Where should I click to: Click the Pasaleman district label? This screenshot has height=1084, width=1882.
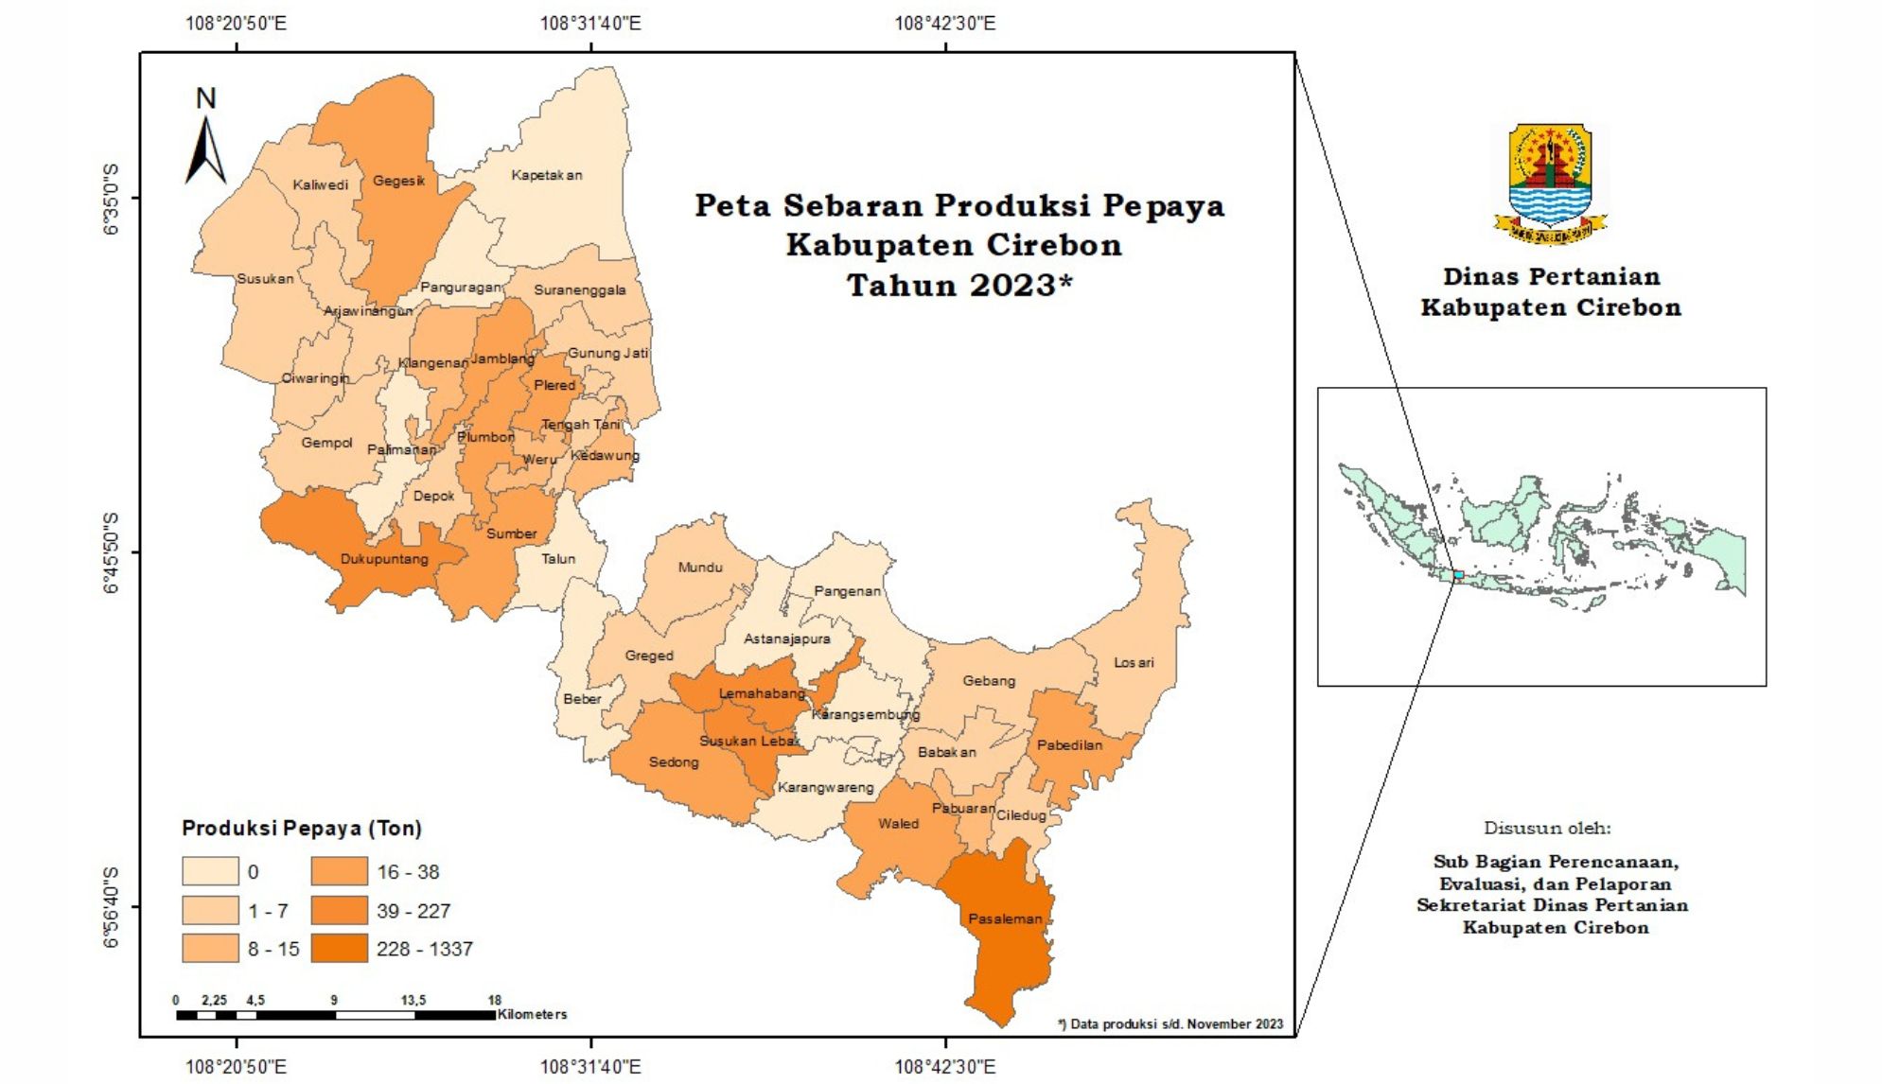[x=1004, y=918]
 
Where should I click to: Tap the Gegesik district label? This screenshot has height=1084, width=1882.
[x=398, y=181]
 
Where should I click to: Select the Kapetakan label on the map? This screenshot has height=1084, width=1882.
[x=547, y=175]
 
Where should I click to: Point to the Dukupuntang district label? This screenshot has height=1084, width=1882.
[x=384, y=559]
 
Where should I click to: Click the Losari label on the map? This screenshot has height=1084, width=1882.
[x=1134, y=662]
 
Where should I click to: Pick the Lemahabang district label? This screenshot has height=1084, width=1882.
[x=762, y=693]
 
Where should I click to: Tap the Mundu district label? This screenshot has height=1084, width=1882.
[x=700, y=568]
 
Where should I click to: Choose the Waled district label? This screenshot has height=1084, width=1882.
[x=898, y=824]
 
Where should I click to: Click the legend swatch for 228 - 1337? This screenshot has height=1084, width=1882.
[x=339, y=949]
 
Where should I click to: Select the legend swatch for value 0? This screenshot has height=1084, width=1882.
[x=210, y=871]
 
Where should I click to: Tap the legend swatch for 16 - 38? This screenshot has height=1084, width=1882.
[x=339, y=871]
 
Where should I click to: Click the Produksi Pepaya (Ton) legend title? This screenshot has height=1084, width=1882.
[x=301, y=829]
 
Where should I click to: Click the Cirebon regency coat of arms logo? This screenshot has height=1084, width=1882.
[x=1550, y=184]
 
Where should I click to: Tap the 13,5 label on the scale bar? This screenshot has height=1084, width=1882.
[x=413, y=1000]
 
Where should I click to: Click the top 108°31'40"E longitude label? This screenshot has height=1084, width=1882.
[x=590, y=23]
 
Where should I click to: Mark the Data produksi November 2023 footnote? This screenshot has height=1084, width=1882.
[x=1170, y=1023]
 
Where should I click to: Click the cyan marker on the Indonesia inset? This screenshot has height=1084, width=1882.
[x=1458, y=574]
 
